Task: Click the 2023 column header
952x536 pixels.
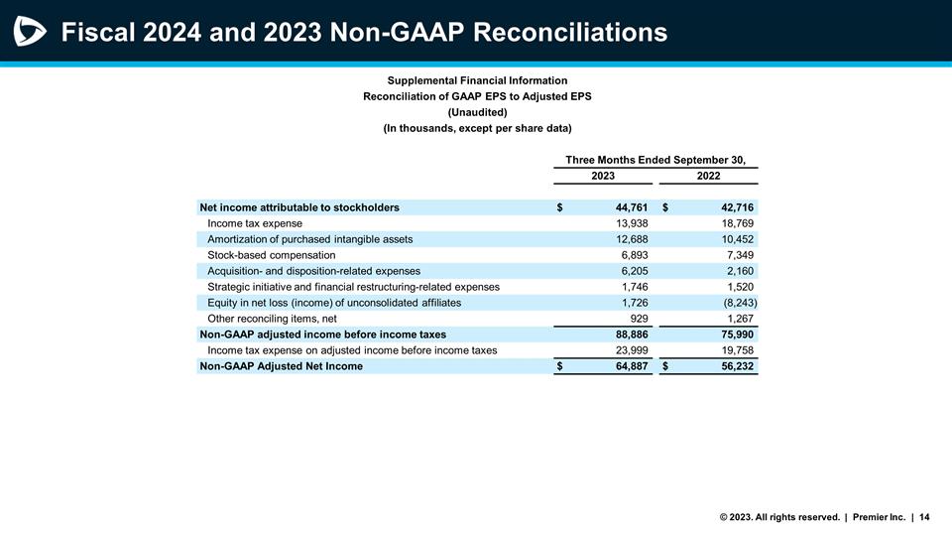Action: click(603, 176)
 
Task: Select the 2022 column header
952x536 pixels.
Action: click(708, 176)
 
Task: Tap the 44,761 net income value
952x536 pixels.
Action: click(627, 207)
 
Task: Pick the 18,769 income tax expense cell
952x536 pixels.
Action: click(738, 223)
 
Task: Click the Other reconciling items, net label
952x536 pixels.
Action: click(272, 319)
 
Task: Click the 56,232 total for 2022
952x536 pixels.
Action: click(735, 366)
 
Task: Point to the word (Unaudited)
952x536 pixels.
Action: click(477, 112)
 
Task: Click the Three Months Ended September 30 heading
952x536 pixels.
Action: click(654, 160)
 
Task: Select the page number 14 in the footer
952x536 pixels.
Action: click(924, 516)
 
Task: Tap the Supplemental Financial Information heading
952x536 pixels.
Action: click(477, 80)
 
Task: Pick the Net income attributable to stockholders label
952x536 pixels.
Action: click(299, 207)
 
